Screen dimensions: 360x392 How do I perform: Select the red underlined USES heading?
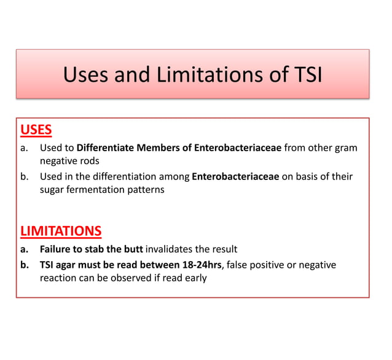(x=36, y=130)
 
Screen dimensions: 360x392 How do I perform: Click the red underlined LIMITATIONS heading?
(x=61, y=231)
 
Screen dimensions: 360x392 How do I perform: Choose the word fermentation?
(x=100, y=189)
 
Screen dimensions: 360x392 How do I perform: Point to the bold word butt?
(x=132, y=249)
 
